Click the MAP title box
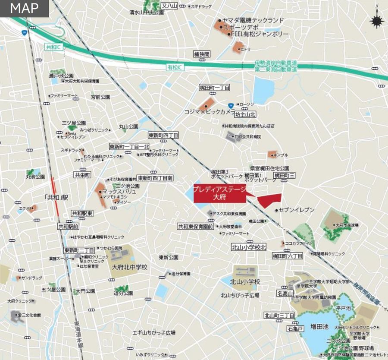pos(24,8)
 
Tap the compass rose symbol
pos(377,20)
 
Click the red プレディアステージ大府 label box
pos(219,193)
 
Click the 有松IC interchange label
pos(175,67)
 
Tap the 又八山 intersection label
pos(169,6)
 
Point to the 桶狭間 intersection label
pos(201,54)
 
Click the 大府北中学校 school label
pos(129,267)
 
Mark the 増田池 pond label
pos(319,328)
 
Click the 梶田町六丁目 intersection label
pos(287,256)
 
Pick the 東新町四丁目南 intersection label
pos(155,178)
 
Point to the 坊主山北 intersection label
pos(245,115)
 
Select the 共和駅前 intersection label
pos(69,226)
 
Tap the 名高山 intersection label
pos(285,294)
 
